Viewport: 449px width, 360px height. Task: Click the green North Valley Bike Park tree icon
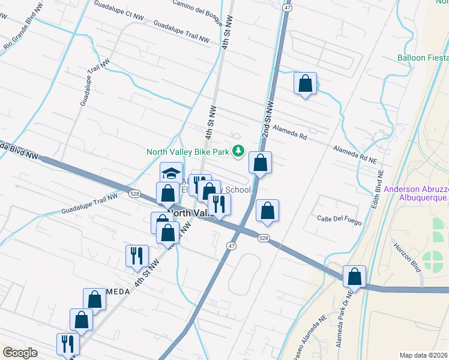pyautogui.click(x=239, y=151)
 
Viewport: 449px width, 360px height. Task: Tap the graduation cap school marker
pyautogui.click(x=171, y=174)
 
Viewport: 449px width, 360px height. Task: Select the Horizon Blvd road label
pyautogui.click(x=406, y=256)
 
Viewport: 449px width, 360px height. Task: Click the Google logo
pyautogui.click(x=20, y=353)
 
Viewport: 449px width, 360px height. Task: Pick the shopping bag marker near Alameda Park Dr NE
pyautogui.click(x=355, y=277)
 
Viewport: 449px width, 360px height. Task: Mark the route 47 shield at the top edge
pyautogui.click(x=288, y=7)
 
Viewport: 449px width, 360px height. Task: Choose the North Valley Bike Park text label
pyautogui.click(x=188, y=152)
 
